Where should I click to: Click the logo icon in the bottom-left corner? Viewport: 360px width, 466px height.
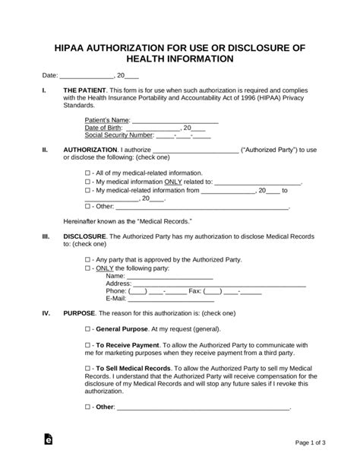(x=49, y=442)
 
